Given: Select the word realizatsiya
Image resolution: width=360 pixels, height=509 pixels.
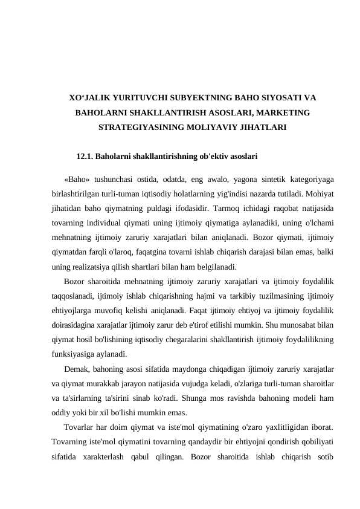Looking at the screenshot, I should click(91, 267).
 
